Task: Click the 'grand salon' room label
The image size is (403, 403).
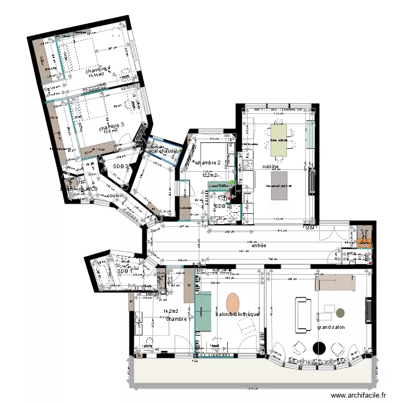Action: pos(330,327)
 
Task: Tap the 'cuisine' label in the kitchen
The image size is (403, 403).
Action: pos(270,167)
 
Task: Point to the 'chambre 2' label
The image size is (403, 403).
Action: pos(208,162)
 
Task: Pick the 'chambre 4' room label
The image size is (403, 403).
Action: pos(98,69)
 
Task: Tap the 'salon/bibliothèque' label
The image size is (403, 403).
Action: pos(238,314)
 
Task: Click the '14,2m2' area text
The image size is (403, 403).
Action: pos(170,311)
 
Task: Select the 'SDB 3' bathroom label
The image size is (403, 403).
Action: pos(121,167)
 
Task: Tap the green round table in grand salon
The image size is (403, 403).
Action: pos(340,312)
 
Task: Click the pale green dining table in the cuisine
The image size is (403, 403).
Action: pos(279,140)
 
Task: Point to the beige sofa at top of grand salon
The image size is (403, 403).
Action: pos(334,282)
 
